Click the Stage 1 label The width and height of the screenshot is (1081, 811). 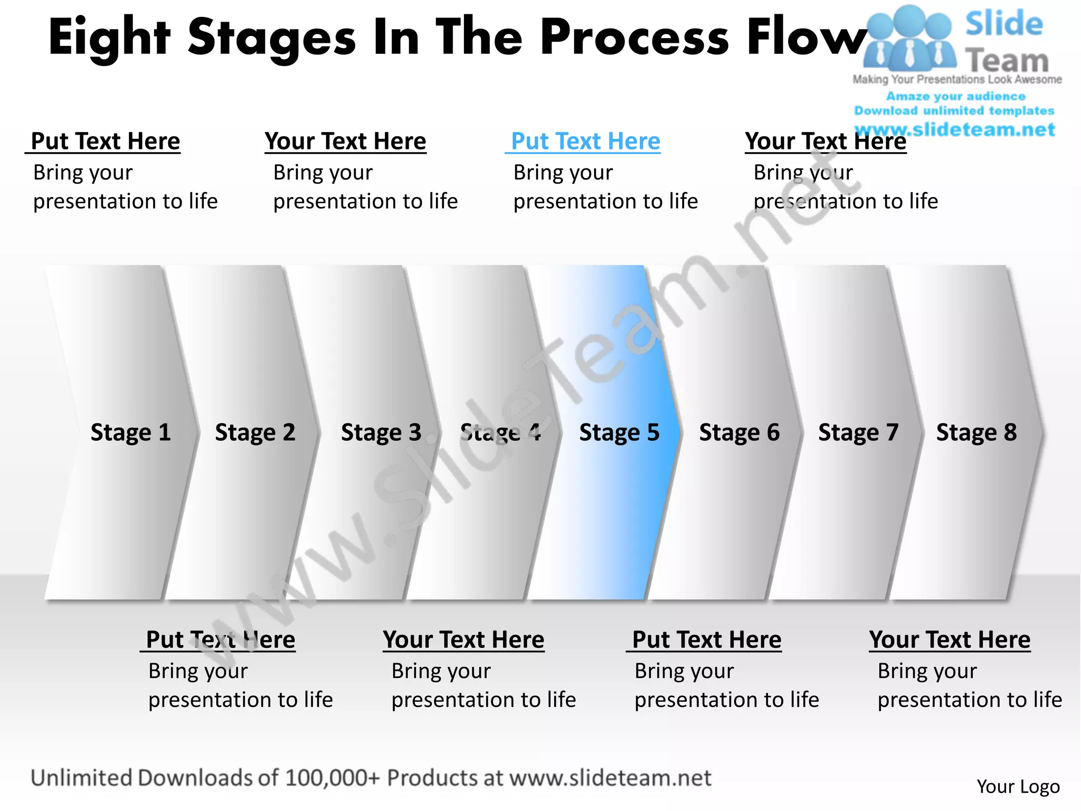pos(130,432)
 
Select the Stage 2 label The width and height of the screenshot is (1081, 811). pos(255,432)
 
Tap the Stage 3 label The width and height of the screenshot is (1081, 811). pos(381,432)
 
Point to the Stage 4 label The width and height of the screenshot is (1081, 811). pos(500,432)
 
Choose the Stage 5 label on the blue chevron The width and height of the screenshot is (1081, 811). pos(619,432)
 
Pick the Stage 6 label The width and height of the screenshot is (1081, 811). pos(739,432)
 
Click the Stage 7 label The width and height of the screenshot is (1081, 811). pos(858,432)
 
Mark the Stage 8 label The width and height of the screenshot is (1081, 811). pos(976,432)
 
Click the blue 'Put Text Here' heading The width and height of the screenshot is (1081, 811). pos(585,142)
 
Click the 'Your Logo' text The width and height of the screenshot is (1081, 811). pos(1018,787)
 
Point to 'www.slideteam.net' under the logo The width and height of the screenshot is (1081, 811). pos(954,129)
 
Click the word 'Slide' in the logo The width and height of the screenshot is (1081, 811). pos(1004,24)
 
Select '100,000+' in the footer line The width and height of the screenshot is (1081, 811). pos(332,778)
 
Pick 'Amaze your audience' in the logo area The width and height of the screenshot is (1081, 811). pos(955,96)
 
